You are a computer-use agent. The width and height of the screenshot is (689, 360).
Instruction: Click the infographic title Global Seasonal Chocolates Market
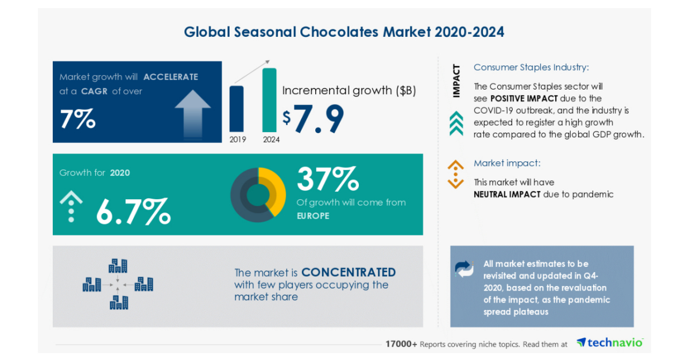pyautogui.click(x=344, y=32)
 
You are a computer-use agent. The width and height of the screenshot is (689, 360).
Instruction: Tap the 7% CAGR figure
pyautogui.click(x=78, y=119)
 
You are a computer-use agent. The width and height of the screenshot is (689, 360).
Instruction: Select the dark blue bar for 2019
pyautogui.click(x=236, y=109)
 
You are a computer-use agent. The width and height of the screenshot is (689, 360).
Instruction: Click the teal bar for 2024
pyautogui.click(x=269, y=100)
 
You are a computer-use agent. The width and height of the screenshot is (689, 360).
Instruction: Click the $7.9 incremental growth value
pyautogui.click(x=313, y=118)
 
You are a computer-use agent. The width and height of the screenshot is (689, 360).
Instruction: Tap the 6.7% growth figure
pyautogui.click(x=133, y=211)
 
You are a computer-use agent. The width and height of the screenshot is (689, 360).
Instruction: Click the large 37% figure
pyautogui.click(x=328, y=179)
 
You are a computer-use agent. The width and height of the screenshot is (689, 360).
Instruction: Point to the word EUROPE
pyautogui.click(x=313, y=216)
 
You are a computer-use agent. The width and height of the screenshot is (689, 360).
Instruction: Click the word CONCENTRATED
pyautogui.click(x=349, y=272)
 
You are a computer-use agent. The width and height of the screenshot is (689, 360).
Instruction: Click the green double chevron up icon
pyautogui.click(x=456, y=123)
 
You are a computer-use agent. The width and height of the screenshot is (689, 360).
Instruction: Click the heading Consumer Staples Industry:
pyautogui.click(x=531, y=67)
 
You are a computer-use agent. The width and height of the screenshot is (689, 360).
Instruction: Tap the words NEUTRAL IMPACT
pyautogui.click(x=507, y=194)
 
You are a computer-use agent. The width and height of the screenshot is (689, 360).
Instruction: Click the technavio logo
pyautogui.click(x=610, y=343)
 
